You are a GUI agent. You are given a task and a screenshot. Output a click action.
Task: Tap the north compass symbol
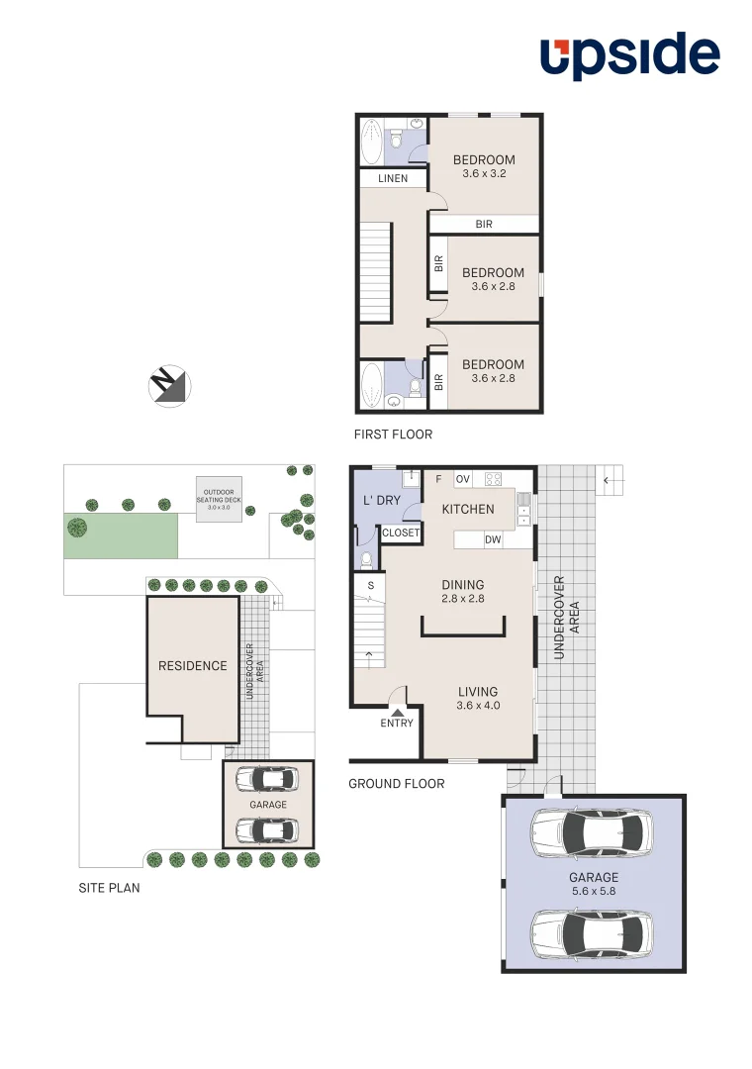(x=169, y=385)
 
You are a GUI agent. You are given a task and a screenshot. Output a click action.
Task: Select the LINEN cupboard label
(x=393, y=179)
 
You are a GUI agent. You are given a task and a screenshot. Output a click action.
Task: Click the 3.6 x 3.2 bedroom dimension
(x=484, y=173)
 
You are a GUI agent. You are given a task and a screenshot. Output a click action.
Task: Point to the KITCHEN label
(x=467, y=509)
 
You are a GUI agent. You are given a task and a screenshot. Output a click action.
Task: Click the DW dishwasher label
(x=492, y=539)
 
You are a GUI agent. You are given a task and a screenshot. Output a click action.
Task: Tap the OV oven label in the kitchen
(x=462, y=479)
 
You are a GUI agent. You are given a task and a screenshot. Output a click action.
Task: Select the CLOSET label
(x=401, y=533)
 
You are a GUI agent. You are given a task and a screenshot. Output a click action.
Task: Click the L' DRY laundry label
(x=382, y=500)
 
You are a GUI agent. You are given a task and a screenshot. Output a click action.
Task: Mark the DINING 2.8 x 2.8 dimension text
(x=462, y=599)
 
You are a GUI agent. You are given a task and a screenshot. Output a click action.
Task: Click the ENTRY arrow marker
(x=397, y=710)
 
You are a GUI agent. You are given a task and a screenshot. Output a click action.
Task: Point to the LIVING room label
(x=477, y=692)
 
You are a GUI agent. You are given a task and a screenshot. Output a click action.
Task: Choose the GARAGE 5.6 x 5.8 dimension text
(x=593, y=892)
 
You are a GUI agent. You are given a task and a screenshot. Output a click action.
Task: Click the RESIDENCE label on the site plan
(x=193, y=666)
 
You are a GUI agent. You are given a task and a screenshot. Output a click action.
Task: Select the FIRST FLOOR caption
(x=393, y=435)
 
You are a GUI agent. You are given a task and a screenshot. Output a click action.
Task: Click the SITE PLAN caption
(x=109, y=888)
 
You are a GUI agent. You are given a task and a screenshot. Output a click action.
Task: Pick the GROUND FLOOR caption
(x=396, y=784)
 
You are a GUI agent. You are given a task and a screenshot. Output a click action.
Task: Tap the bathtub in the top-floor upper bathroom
(x=371, y=143)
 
